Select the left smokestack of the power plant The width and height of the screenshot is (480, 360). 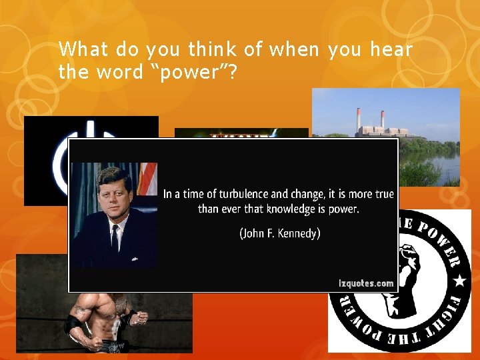(x=359, y=120)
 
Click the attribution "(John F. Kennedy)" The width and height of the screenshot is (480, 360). (x=279, y=233)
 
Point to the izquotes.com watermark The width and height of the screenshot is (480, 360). (x=366, y=283)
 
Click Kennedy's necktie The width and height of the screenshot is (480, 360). (x=115, y=237)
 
